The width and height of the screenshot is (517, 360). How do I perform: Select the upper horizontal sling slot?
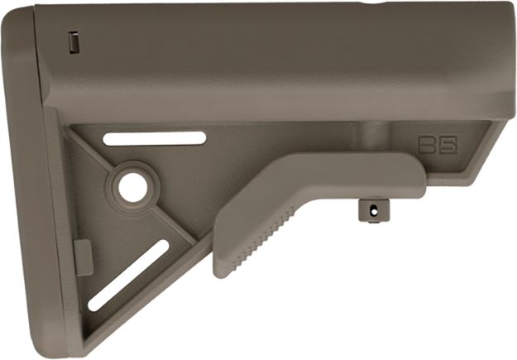point(155,138)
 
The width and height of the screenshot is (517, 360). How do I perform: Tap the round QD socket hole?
point(132,187)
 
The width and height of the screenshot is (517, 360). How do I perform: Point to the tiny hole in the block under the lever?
point(373,210)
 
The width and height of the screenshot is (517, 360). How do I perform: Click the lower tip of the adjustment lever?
point(222,270)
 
